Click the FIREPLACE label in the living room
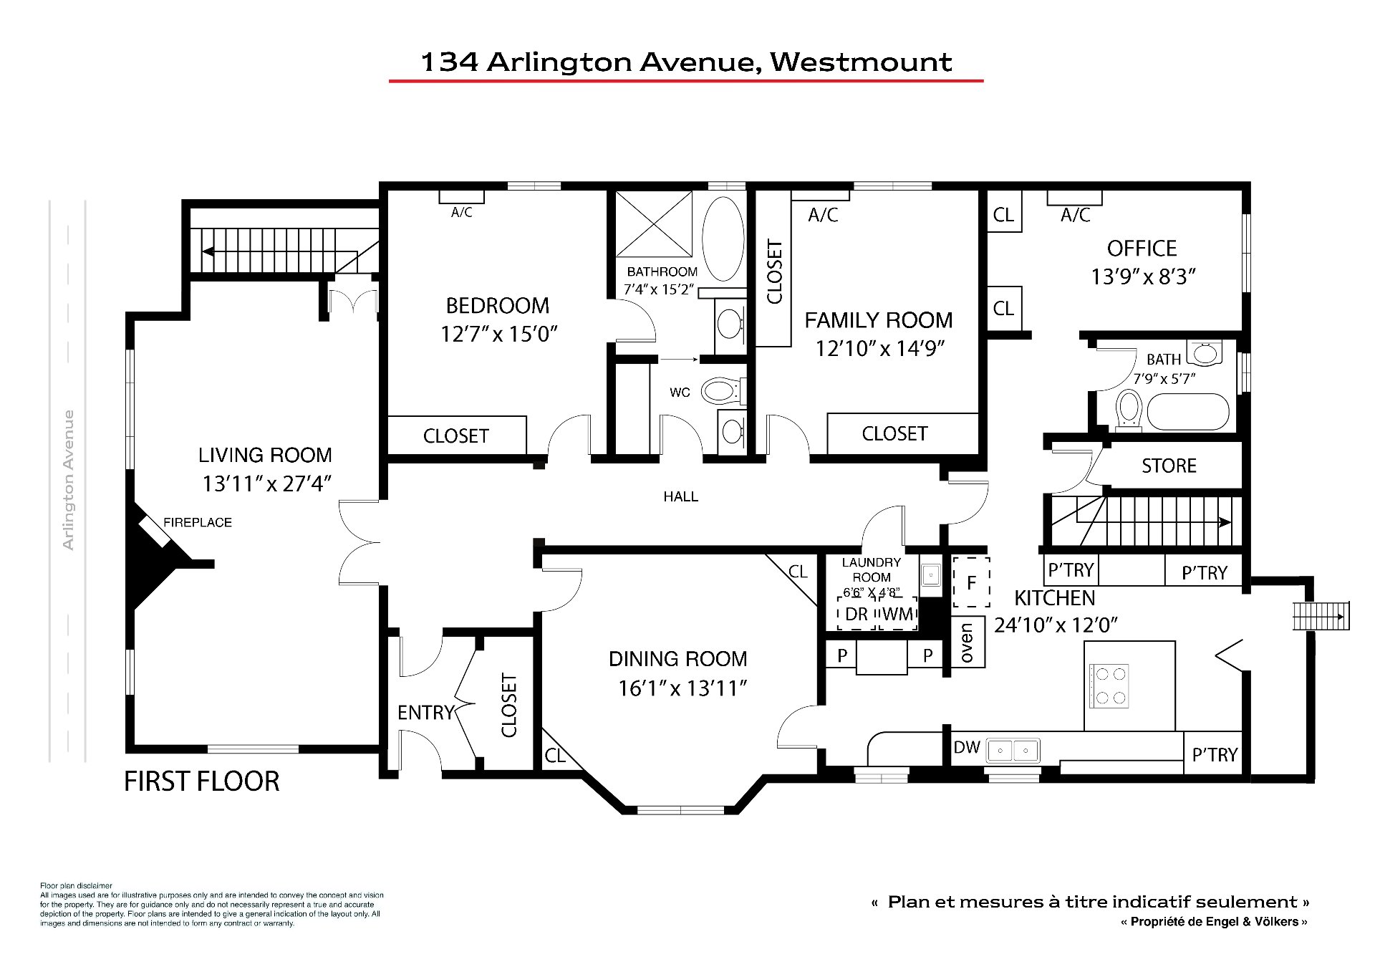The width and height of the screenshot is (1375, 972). pos(198,523)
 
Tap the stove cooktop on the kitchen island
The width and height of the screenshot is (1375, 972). pos(1109,685)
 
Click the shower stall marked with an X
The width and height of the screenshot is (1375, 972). pos(654,223)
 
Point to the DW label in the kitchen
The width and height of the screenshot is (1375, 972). pos(967,747)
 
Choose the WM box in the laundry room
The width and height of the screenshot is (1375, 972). pos(898,614)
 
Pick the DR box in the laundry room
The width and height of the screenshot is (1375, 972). pos(857,614)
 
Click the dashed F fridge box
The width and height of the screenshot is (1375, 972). pos(971,582)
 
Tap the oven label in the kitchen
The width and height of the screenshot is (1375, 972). pos(967,643)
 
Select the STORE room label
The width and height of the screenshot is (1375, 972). pos(1169,466)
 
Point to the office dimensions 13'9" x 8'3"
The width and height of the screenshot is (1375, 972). pos(1144,276)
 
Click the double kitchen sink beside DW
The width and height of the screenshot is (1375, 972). pos(1013,751)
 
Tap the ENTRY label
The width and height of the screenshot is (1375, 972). pos(426,713)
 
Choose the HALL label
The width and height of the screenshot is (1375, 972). pos(680,496)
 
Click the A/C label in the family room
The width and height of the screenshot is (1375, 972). pos(823,215)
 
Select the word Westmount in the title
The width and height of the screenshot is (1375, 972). pos(861,62)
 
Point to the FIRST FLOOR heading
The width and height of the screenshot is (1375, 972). pos(202,781)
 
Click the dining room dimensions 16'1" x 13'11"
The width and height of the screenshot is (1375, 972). pos(683,688)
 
